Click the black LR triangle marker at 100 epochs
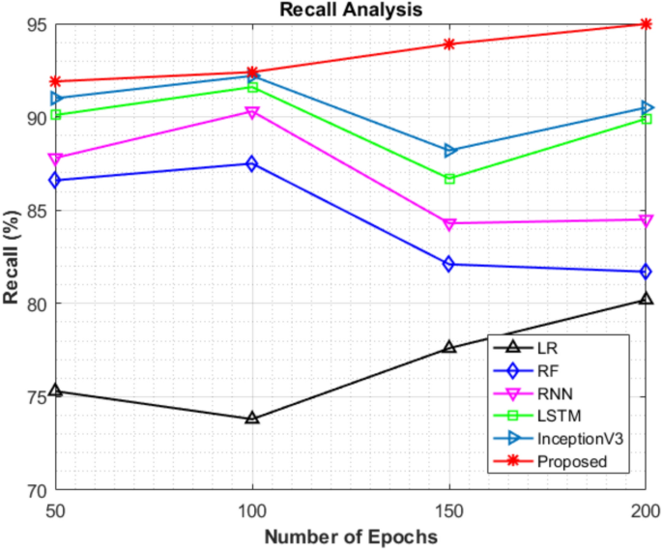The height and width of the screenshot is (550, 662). coord(252,419)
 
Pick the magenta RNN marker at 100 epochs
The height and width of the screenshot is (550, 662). coord(252,112)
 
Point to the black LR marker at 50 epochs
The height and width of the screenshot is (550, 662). coord(55,391)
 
